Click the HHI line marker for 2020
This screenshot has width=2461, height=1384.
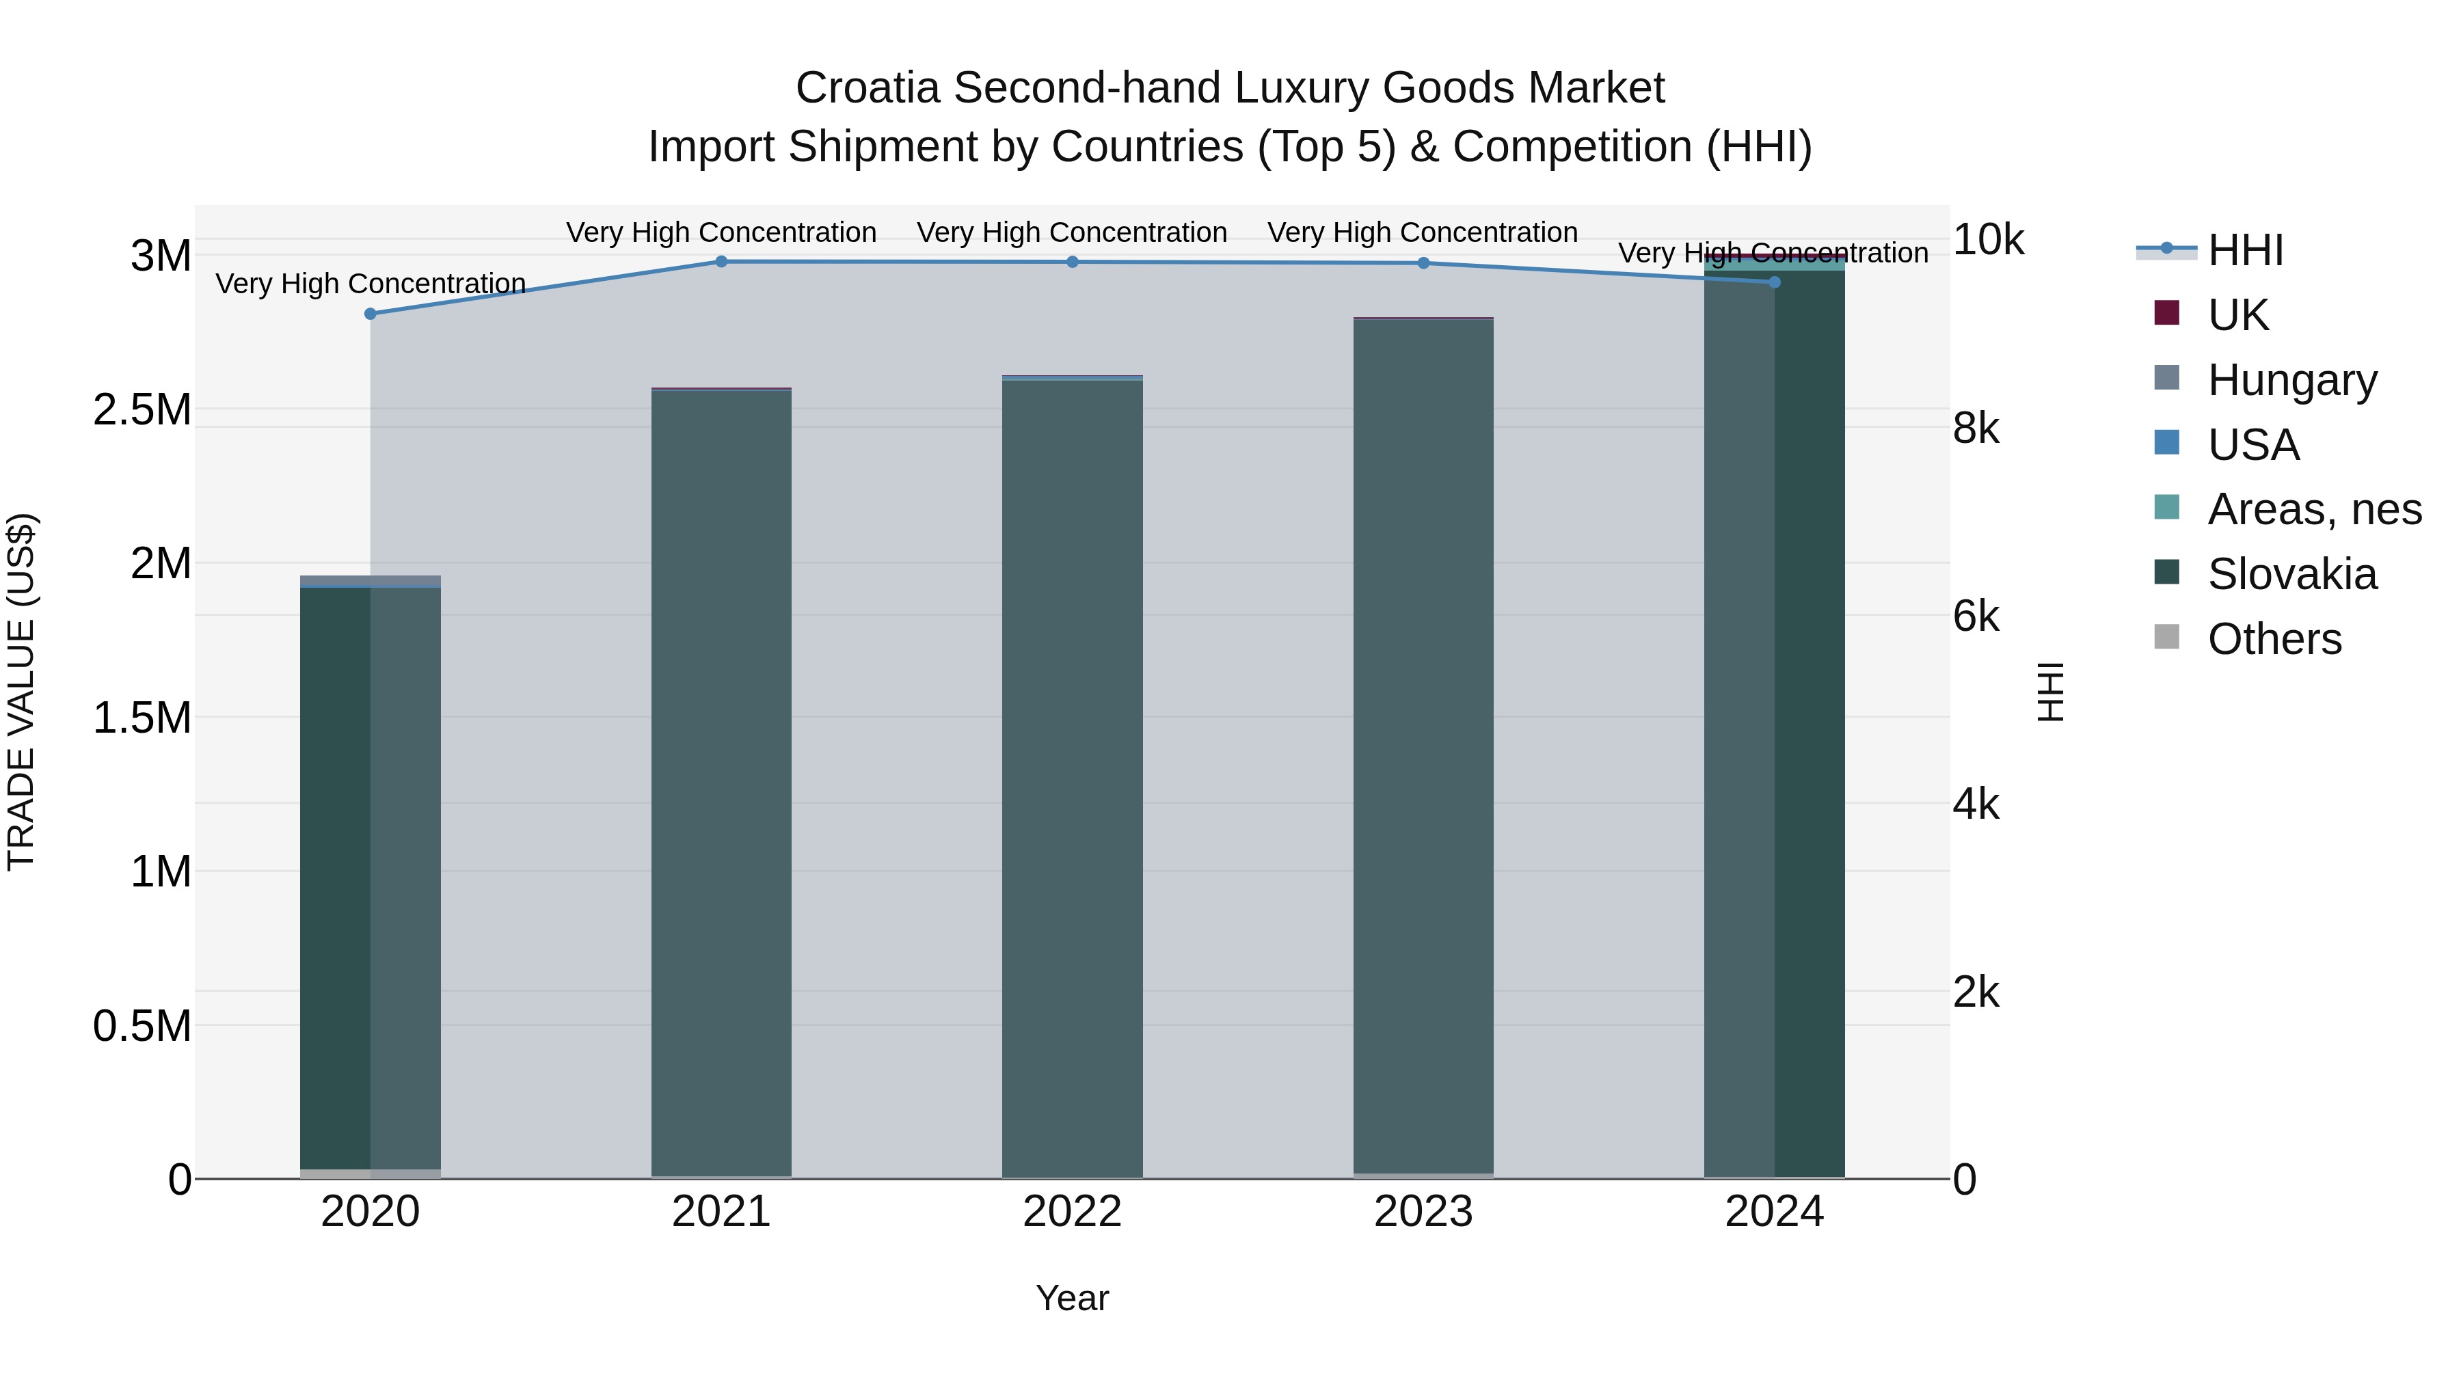coord(371,313)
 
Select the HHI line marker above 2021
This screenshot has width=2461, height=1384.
coord(721,262)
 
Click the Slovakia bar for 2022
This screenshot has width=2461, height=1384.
coord(1072,778)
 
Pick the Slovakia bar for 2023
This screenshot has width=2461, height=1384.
coord(1423,745)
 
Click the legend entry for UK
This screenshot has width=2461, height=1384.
coord(2237,315)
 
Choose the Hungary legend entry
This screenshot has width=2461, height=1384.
coord(2291,380)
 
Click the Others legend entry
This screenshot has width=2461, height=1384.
coord(2274,639)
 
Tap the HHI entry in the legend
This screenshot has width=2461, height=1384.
coord(2245,250)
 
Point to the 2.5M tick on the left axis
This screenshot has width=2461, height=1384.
coord(142,410)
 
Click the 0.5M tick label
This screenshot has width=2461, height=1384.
coord(142,1026)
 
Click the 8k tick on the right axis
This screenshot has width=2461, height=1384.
coord(1976,429)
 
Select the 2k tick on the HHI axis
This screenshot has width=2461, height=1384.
coord(1976,992)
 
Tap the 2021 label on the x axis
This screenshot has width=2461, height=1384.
coord(721,1212)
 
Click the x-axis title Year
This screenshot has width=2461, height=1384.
coord(1072,1298)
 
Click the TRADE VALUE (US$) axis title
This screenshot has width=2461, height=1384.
coord(21,692)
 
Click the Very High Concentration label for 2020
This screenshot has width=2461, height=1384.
coord(371,284)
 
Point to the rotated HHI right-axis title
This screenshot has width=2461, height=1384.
coord(2051,692)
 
